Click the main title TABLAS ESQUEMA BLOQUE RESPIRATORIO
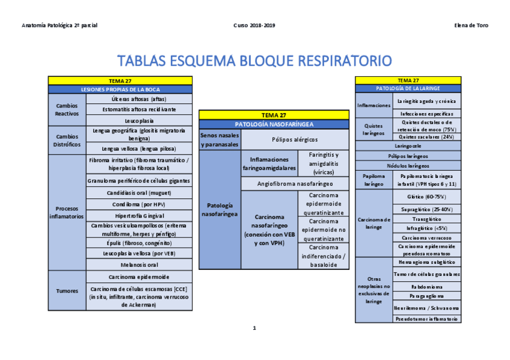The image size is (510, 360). pyautogui.click(x=254, y=61)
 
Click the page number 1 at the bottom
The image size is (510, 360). pyautogui.click(x=254, y=328)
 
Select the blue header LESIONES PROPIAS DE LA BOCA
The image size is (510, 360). pyautogui.click(x=120, y=89)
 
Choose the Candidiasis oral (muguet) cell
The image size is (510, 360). pyautogui.click(x=139, y=193)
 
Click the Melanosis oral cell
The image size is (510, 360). pyautogui.click(x=139, y=264)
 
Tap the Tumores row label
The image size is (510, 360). pyautogui.click(x=67, y=291)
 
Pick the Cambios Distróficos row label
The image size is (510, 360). pyautogui.click(x=67, y=140)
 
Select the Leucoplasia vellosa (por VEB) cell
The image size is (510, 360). pyautogui.click(x=139, y=254)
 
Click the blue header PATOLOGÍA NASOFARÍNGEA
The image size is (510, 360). pyautogui.click(x=274, y=124)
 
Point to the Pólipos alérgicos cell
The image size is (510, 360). pyautogui.click(x=295, y=139)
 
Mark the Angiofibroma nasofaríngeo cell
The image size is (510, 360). pyautogui.click(x=295, y=184)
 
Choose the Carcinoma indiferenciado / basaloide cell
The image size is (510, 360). pyautogui.click(x=324, y=256)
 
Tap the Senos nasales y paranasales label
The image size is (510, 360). pyautogui.click(x=220, y=140)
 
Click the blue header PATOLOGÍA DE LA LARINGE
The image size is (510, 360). pyautogui.click(x=408, y=88)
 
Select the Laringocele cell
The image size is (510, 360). pyautogui.click(x=408, y=145)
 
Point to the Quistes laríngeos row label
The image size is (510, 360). pyautogui.click(x=373, y=129)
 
